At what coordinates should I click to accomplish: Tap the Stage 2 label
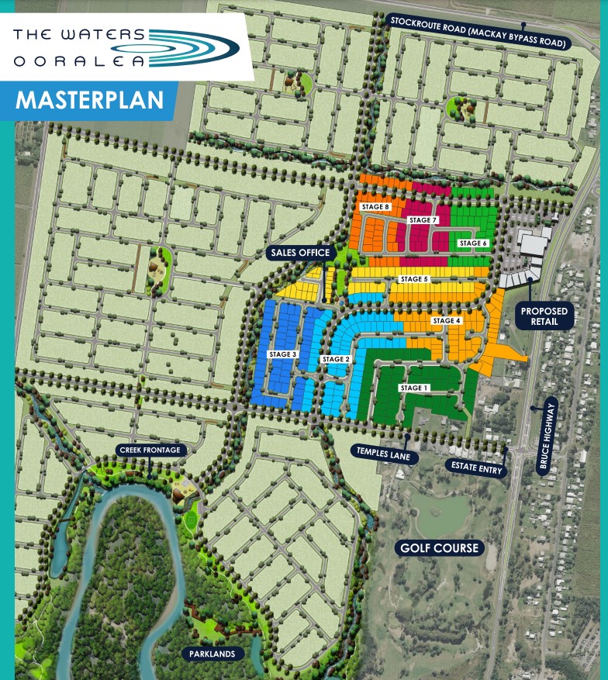(x=336, y=359)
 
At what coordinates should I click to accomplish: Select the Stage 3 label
(x=283, y=354)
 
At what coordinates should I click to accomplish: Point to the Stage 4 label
(x=447, y=321)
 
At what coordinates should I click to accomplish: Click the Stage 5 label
(x=413, y=279)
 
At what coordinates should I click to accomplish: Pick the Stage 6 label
(x=473, y=243)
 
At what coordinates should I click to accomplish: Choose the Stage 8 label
(x=375, y=207)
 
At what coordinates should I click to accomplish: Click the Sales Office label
(x=300, y=253)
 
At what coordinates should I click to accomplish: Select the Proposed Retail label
(x=544, y=316)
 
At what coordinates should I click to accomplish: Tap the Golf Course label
(x=437, y=549)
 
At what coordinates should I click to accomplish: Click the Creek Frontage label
(x=150, y=450)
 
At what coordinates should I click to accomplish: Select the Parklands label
(x=211, y=654)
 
